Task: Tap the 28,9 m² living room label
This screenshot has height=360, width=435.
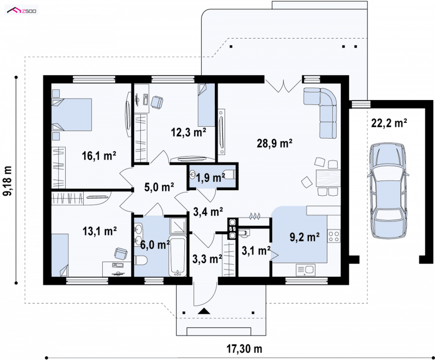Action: point(275,144)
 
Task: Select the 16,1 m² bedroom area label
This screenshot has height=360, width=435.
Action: point(99,156)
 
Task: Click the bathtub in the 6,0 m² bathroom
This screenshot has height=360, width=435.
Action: point(178,257)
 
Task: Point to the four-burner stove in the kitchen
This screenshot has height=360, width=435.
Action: point(334,237)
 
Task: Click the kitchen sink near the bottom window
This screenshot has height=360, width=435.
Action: point(306,270)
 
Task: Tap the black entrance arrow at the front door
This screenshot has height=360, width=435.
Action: point(204,311)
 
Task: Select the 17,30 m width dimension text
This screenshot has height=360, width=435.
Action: point(244,349)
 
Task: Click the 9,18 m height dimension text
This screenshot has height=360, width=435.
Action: point(8,181)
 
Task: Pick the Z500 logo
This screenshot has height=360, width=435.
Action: point(22,11)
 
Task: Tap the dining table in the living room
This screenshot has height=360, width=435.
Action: point(328,178)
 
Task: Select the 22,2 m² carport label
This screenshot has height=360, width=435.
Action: point(389,122)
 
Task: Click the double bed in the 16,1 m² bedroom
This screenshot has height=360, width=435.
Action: point(72,114)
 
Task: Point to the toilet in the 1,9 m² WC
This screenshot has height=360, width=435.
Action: point(229,175)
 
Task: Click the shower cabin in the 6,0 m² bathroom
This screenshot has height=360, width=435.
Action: point(178,226)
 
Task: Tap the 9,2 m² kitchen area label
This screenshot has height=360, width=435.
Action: point(304,237)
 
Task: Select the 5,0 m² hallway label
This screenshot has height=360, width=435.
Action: point(159,187)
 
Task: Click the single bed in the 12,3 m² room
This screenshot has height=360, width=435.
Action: point(207,105)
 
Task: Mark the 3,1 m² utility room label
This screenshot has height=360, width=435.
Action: point(256,251)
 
